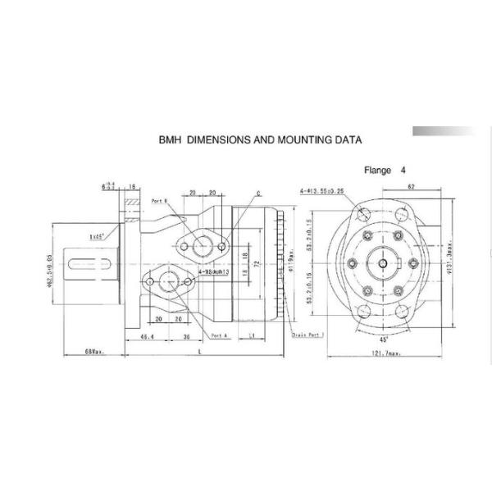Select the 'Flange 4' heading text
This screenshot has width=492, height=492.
click(x=385, y=171)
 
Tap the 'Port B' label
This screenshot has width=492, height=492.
click(x=160, y=200)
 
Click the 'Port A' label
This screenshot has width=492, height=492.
click(x=219, y=335)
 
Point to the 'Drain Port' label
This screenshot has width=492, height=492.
click(x=307, y=335)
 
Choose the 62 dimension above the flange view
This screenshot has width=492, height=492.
click(x=410, y=188)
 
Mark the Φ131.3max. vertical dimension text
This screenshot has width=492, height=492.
click(x=451, y=262)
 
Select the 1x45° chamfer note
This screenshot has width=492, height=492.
click(x=98, y=237)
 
